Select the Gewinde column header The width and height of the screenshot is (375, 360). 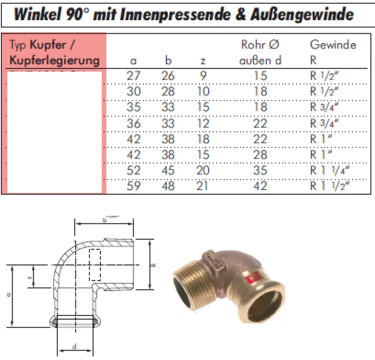pos(333,45)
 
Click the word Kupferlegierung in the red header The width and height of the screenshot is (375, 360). pos(55,61)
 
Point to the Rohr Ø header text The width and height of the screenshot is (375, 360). pos(260,45)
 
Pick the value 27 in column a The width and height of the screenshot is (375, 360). pos(134,75)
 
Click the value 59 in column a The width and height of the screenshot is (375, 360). pos(134,186)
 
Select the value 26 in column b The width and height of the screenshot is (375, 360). pos(168,75)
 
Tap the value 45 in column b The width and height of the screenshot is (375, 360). pos(168,170)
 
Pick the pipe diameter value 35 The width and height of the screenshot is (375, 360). pos(260,170)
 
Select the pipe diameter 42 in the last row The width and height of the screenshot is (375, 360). pos(260,186)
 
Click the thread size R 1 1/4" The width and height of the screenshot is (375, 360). pos(330,170)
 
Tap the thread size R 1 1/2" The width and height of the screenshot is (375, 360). pos(330,186)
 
